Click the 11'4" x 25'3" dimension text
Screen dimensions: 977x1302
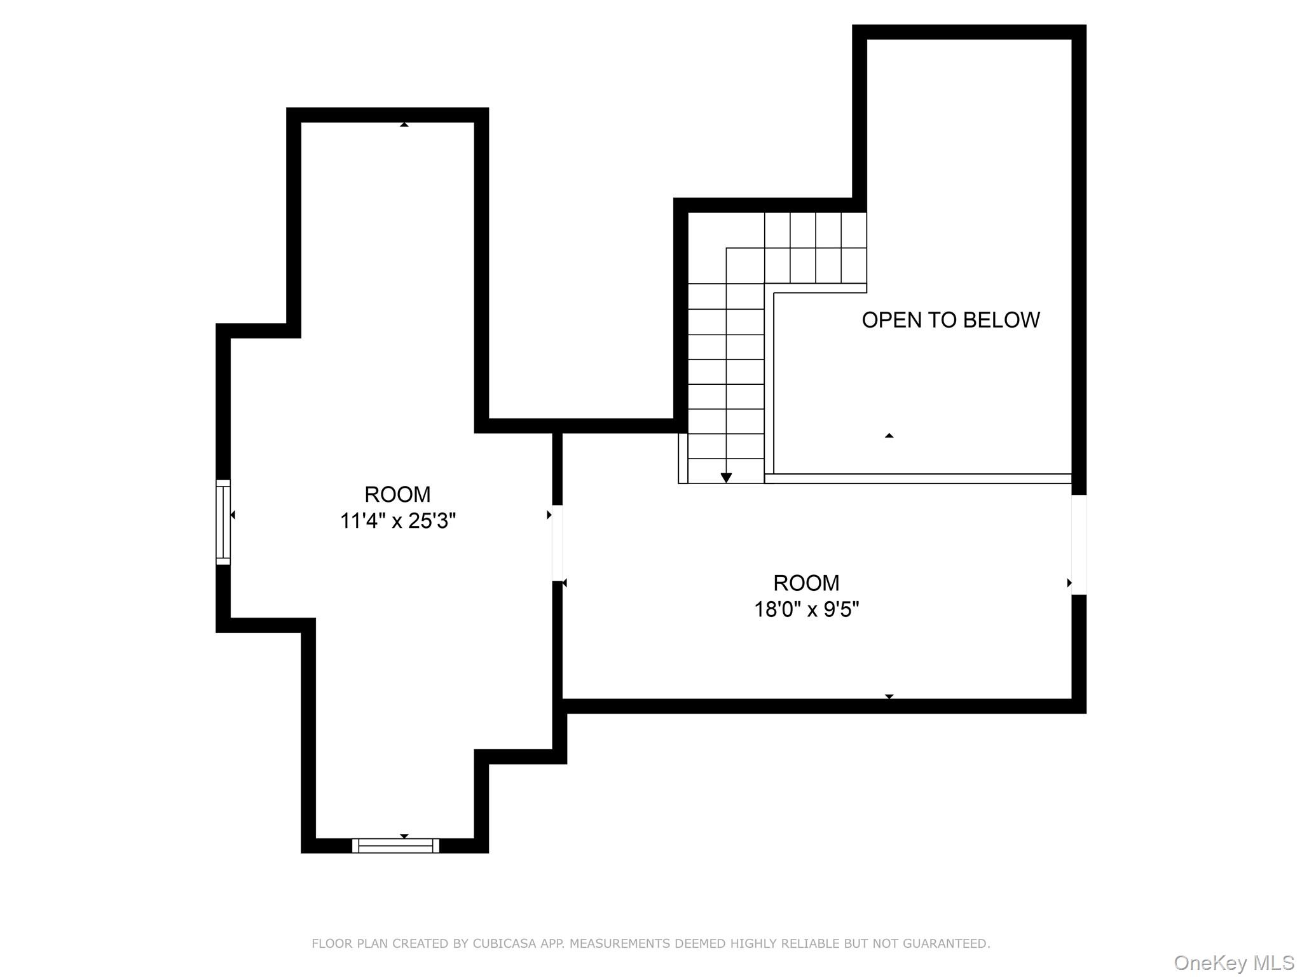point(398,521)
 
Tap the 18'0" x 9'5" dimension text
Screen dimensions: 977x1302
point(806,609)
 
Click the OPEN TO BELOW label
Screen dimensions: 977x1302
point(950,320)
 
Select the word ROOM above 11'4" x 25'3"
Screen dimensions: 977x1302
point(397,494)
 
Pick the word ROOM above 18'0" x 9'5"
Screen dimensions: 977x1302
point(806,583)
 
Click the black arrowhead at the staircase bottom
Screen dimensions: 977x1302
point(726,478)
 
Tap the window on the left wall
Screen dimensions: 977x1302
point(223,522)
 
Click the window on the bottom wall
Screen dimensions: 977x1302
point(395,845)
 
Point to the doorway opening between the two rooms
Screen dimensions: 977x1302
point(558,543)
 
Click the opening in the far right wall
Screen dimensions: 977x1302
point(1079,544)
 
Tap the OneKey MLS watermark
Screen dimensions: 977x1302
point(1233,962)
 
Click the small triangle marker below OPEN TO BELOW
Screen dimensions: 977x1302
point(889,436)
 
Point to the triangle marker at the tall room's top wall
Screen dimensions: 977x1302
point(404,125)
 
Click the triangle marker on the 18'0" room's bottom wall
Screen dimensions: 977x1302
point(889,696)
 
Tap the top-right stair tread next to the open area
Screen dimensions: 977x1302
point(854,230)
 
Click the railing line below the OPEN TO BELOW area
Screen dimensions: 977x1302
point(918,478)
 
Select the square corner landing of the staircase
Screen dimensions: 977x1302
point(745,265)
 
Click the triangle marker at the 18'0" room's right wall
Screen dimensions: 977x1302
point(1069,583)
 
